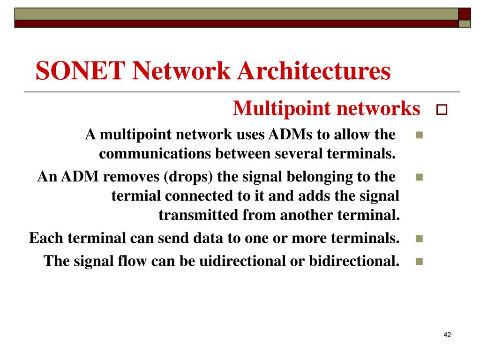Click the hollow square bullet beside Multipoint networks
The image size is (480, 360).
pos(442,111)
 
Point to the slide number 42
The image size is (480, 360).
pos(447,335)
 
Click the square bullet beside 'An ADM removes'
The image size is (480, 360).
pos(419,178)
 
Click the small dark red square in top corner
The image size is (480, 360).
pos(464,14)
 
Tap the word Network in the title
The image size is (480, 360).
pos(181,72)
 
